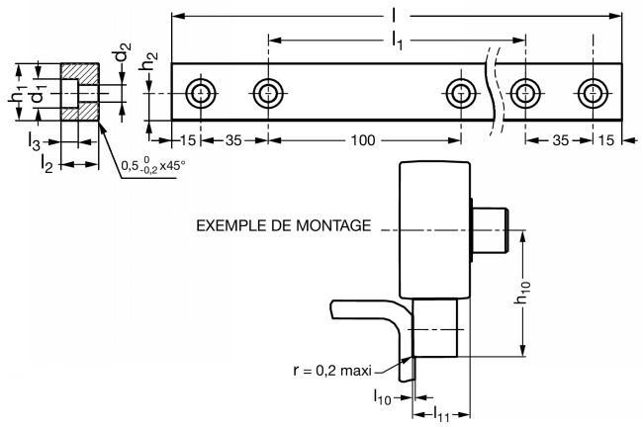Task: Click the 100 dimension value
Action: [x=362, y=140]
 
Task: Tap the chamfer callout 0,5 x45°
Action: [x=153, y=166]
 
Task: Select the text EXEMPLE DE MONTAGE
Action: [x=283, y=225]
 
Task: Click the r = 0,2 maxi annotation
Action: [x=332, y=371]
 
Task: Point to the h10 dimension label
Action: [x=523, y=293]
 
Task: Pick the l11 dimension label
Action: [x=441, y=415]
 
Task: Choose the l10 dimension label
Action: [x=382, y=396]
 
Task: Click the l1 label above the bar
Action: [x=397, y=41]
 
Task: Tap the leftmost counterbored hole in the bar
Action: [x=201, y=94]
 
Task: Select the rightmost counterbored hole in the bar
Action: [x=593, y=94]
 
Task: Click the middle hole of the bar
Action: [x=461, y=94]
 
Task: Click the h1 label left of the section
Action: [x=18, y=93]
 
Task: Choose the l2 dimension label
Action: [x=46, y=164]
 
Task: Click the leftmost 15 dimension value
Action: [x=188, y=140]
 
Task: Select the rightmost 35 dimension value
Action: [x=560, y=140]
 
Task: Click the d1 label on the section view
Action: [x=38, y=94]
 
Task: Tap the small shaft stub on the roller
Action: [x=492, y=230]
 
